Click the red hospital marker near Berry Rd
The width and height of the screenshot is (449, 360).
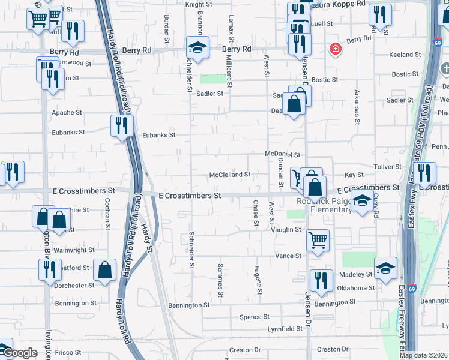334,49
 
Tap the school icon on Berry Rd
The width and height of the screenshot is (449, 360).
197,46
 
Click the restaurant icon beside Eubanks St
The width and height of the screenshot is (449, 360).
122,126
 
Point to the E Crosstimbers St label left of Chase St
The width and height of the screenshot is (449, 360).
190,196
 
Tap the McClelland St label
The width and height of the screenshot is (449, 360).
229,175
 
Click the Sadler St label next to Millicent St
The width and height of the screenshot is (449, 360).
211,94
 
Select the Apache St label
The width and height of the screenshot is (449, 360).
67,112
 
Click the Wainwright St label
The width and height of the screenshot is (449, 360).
74,250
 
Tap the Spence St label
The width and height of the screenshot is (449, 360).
255,317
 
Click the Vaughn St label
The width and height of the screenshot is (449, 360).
286,229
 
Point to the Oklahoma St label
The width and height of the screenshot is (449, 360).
355,288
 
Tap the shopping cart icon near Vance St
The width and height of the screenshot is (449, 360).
318,239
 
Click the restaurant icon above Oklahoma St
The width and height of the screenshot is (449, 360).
321,280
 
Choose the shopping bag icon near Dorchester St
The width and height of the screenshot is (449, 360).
104,270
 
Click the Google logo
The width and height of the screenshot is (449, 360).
20,353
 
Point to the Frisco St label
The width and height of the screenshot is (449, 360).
69,352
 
